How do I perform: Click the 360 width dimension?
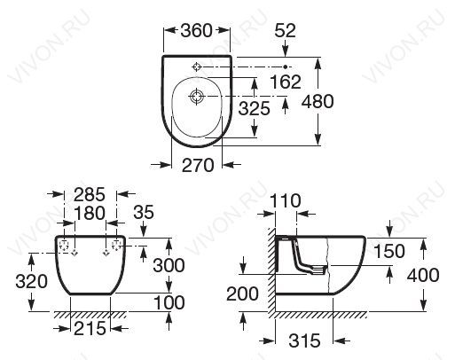(x=197, y=30)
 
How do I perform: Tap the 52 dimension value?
(x=286, y=30)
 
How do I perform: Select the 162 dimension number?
(x=286, y=82)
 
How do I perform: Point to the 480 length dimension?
(x=318, y=101)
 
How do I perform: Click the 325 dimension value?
(x=255, y=108)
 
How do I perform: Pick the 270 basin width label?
(x=198, y=165)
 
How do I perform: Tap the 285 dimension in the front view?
(x=90, y=194)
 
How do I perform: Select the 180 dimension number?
(x=90, y=213)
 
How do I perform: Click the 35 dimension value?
(x=144, y=212)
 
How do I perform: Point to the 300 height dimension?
(x=169, y=265)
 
